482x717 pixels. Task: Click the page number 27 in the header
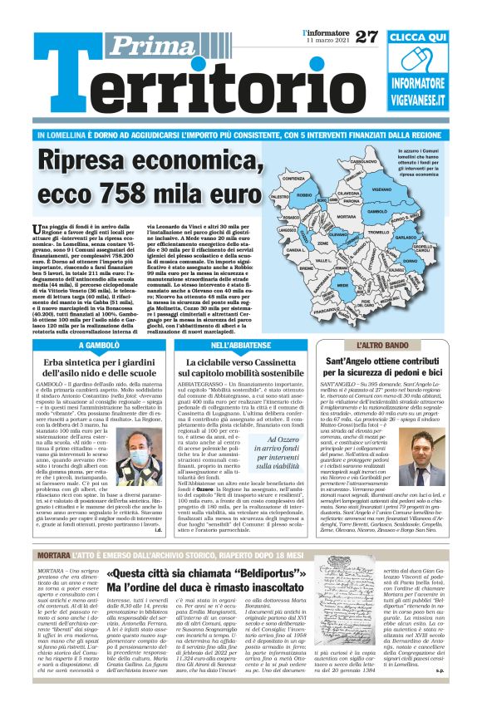tap(366, 36)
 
